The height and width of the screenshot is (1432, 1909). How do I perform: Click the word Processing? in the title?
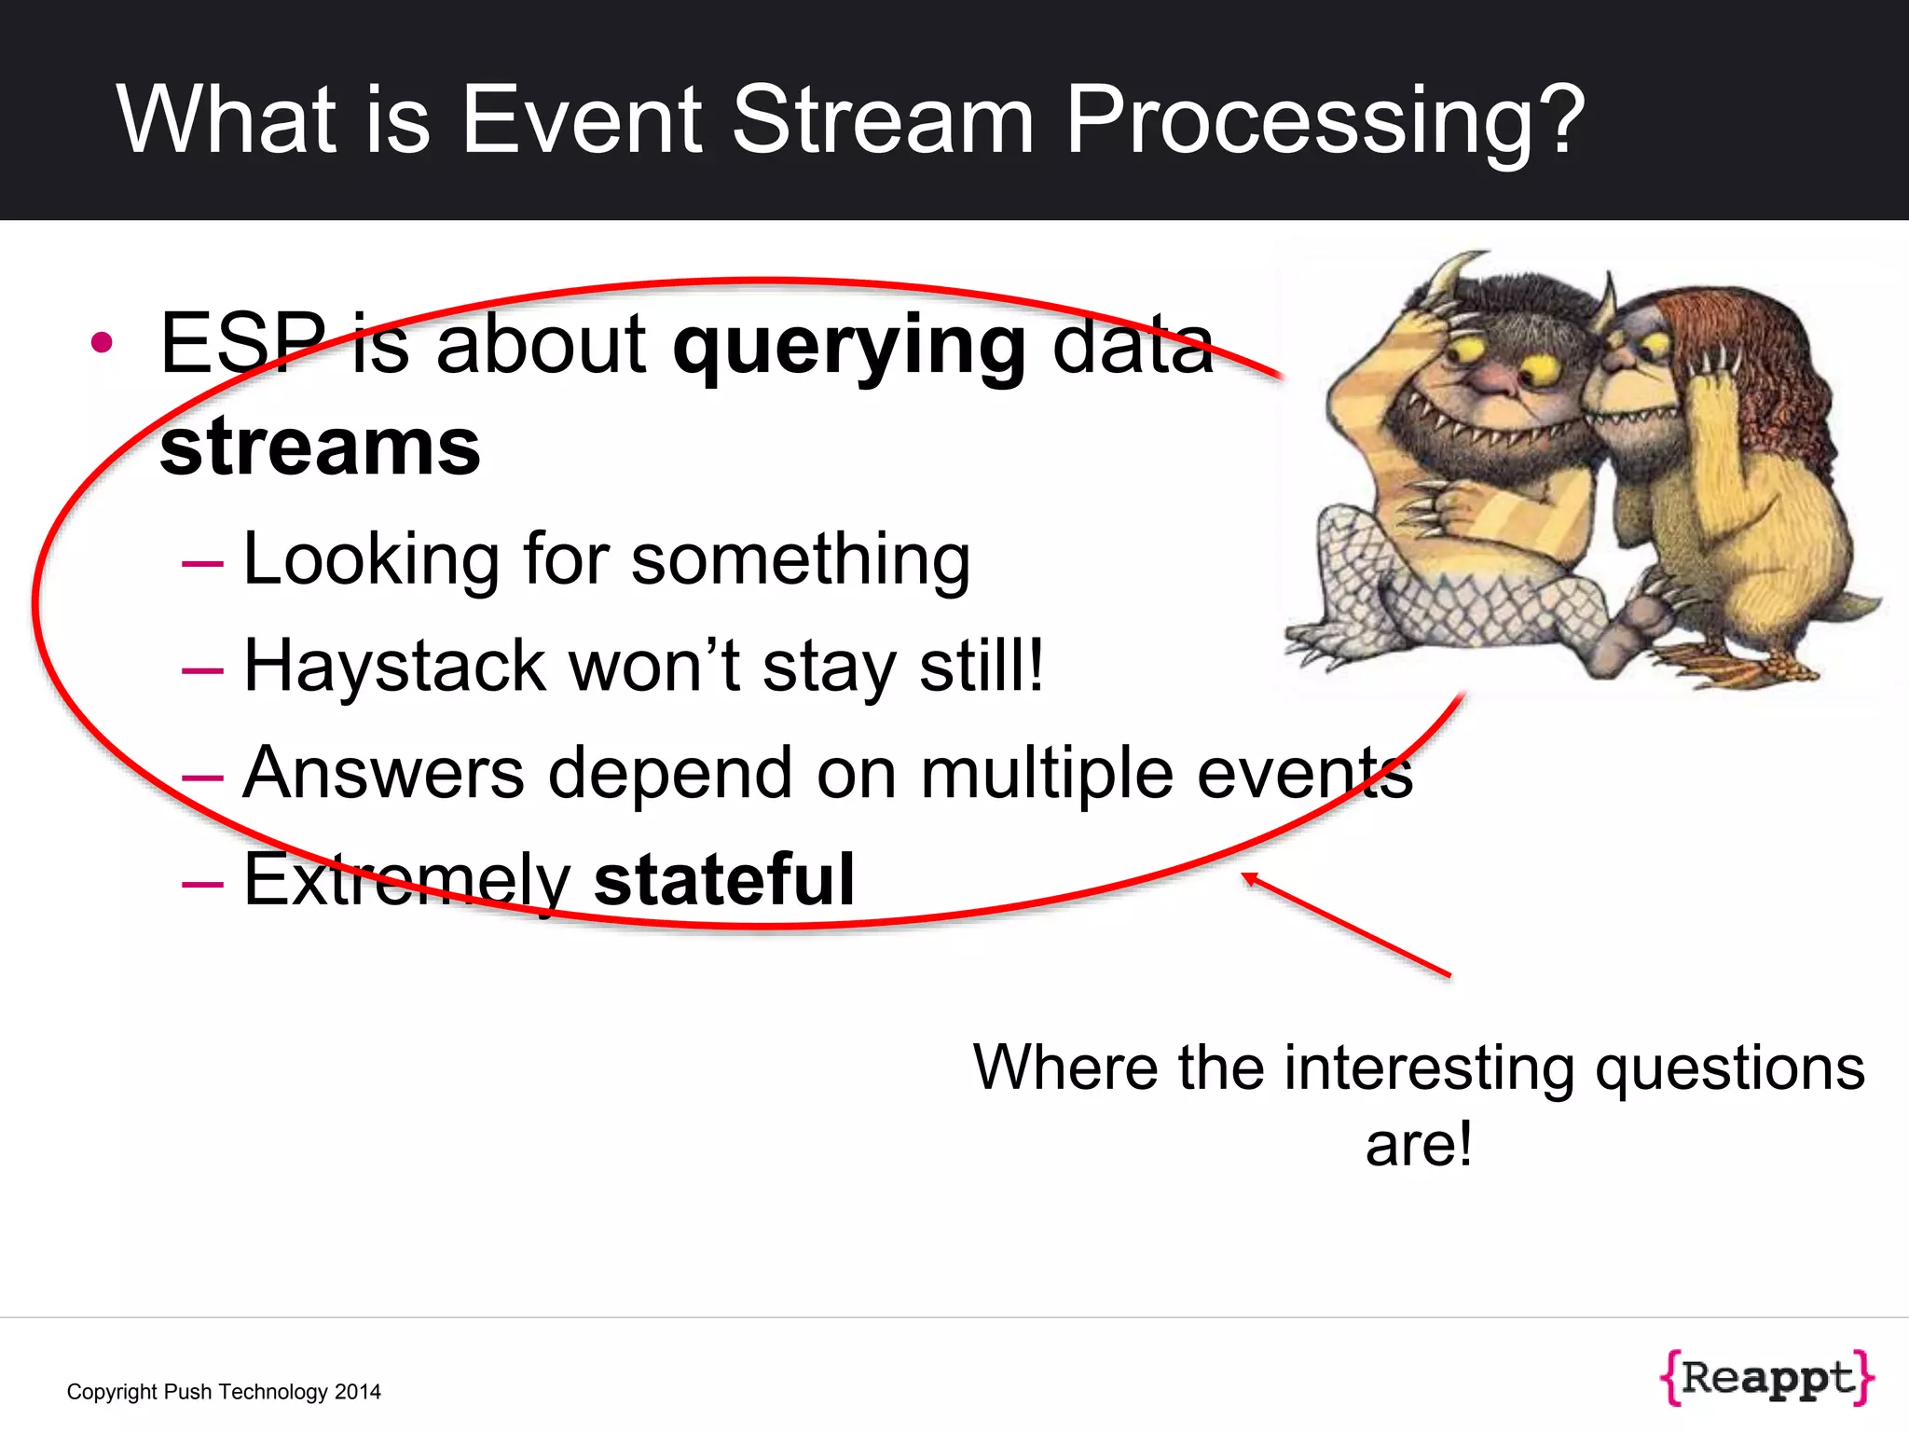tap(1324, 121)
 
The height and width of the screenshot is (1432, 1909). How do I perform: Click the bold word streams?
tap(320, 447)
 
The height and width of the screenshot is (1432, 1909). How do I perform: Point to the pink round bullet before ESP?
tap(103, 342)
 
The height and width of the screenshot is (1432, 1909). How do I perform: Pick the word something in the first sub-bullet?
tap(801, 560)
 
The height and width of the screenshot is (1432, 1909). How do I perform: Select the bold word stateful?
tap(723, 880)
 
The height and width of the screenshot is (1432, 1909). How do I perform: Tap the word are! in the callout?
tap(1418, 1145)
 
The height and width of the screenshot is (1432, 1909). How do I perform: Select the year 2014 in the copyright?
tap(358, 1392)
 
